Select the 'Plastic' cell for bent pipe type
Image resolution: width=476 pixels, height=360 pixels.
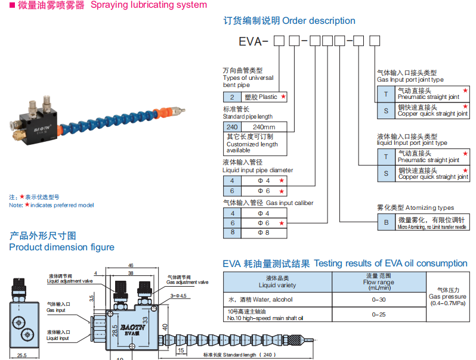click(x=262, y=97)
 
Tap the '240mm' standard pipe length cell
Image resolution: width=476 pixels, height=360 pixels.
click(x=264, y=127)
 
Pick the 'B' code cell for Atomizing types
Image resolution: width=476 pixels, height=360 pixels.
click(x=385, y=222)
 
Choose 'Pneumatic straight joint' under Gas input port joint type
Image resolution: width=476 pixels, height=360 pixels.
click(x=428, y=94)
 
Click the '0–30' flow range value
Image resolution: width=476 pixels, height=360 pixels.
click(x=379, y=299)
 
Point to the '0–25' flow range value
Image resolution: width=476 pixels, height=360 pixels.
click(x=379, y=314)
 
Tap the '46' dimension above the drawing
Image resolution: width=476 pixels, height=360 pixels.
click(x=131, y=265)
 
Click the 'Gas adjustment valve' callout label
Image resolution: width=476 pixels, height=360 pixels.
click(x=187, y=280)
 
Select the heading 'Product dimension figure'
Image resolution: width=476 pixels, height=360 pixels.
click(x=61, y=247)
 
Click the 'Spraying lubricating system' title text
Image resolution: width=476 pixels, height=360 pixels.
click(x=149, y=5)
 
